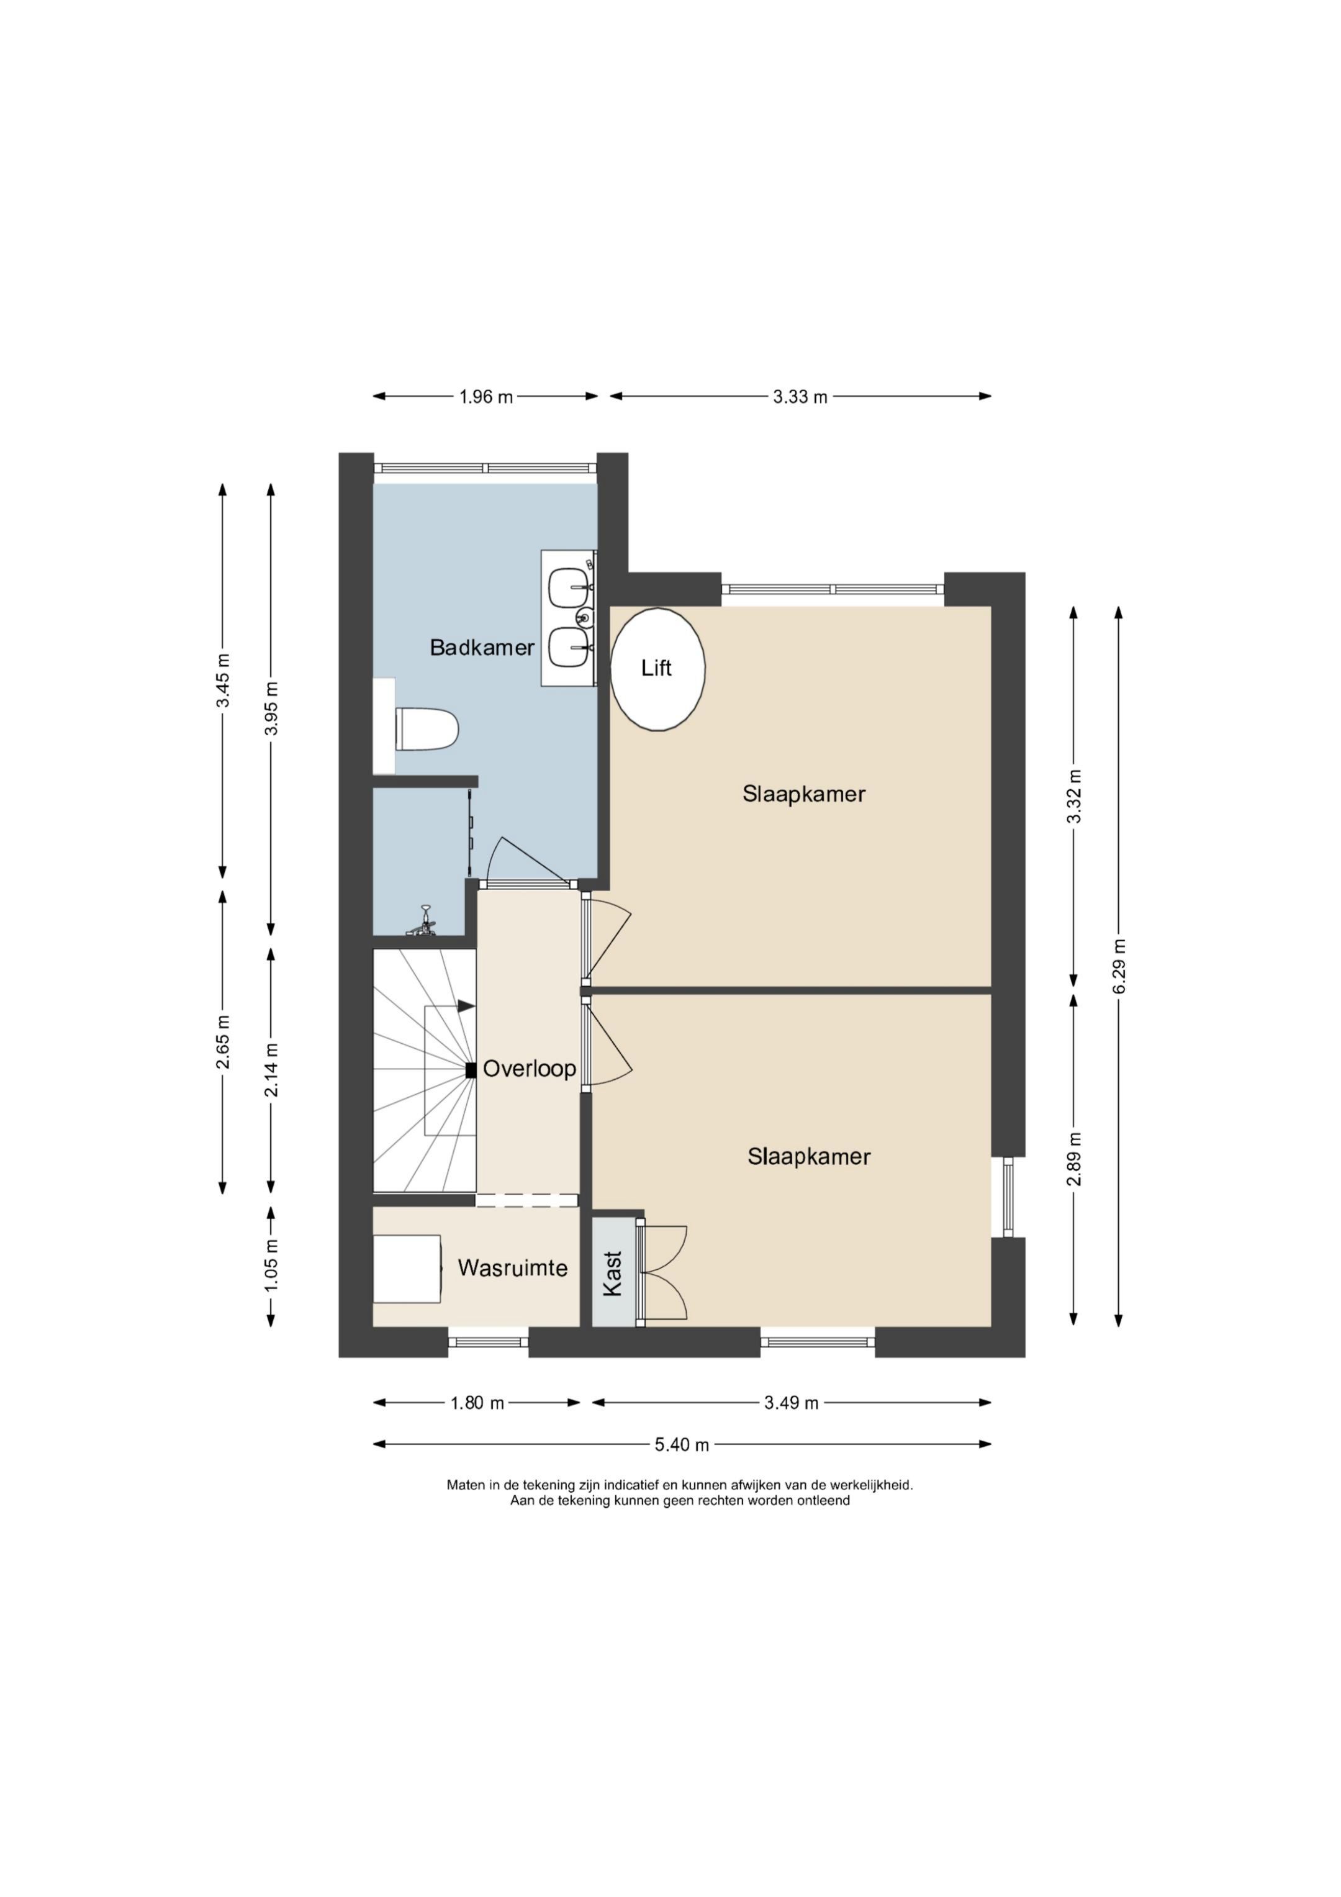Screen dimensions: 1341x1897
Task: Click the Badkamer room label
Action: (x=482, y=648)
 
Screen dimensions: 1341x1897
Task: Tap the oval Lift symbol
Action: (x=657, y=669)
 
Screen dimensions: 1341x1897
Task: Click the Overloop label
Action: (x=529, y=1069)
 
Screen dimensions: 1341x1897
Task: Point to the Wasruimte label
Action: (x=512, y=1268)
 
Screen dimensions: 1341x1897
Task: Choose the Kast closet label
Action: (x=612, y=1273)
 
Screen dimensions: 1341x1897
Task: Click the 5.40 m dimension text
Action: (x=682, y=1445)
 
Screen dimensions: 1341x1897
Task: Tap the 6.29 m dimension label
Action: (x=1119, y=967)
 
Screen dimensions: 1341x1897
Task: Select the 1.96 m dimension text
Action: (x=486, y=397)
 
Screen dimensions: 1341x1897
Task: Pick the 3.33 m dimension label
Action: (x=800, y=397)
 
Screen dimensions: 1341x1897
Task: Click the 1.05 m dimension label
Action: (x=272, y=1265)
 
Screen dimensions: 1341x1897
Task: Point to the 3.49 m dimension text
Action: (x=791, y=1403)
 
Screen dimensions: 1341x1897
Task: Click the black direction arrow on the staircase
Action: (x=466, y=1007)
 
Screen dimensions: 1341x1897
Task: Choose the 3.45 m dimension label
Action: (x=223, y=680)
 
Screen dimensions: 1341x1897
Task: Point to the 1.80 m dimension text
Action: (x=477, y=1403)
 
